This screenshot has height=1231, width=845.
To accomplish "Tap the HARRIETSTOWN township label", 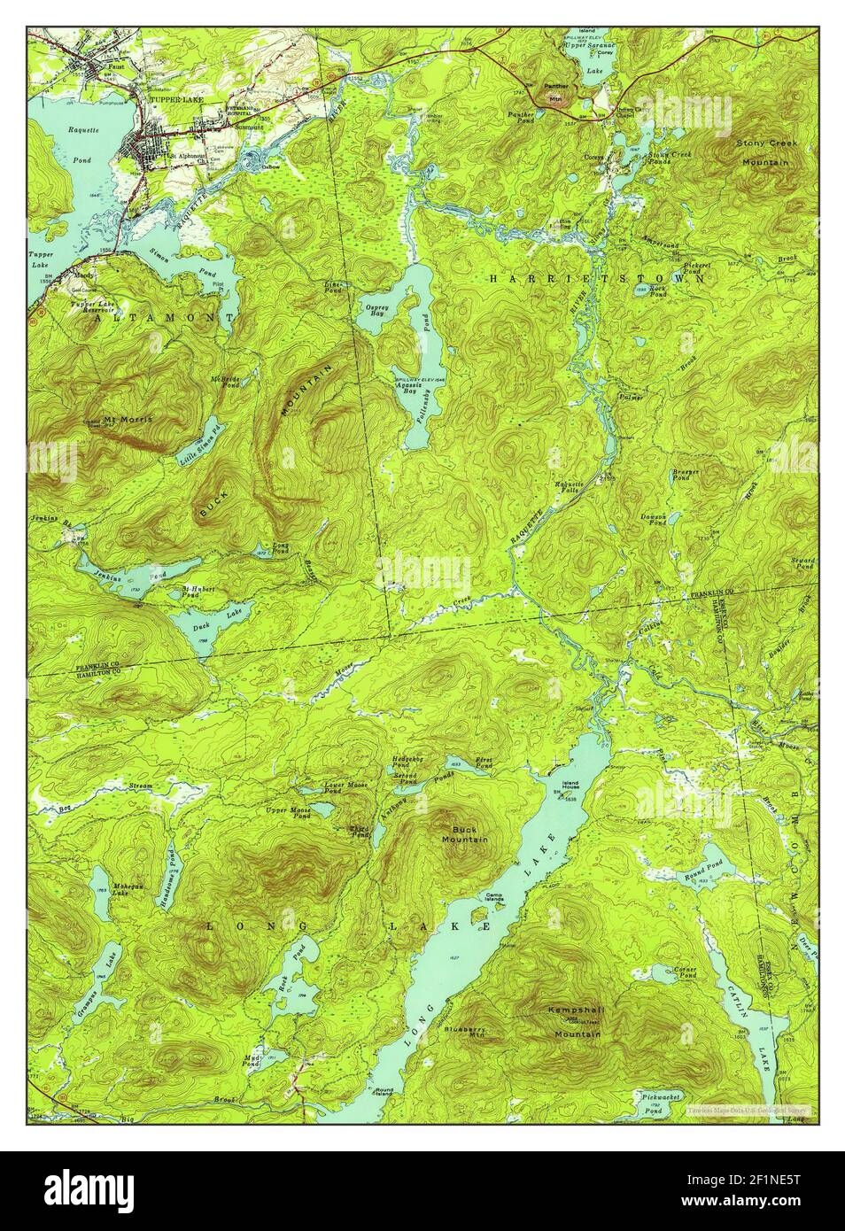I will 599,278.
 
